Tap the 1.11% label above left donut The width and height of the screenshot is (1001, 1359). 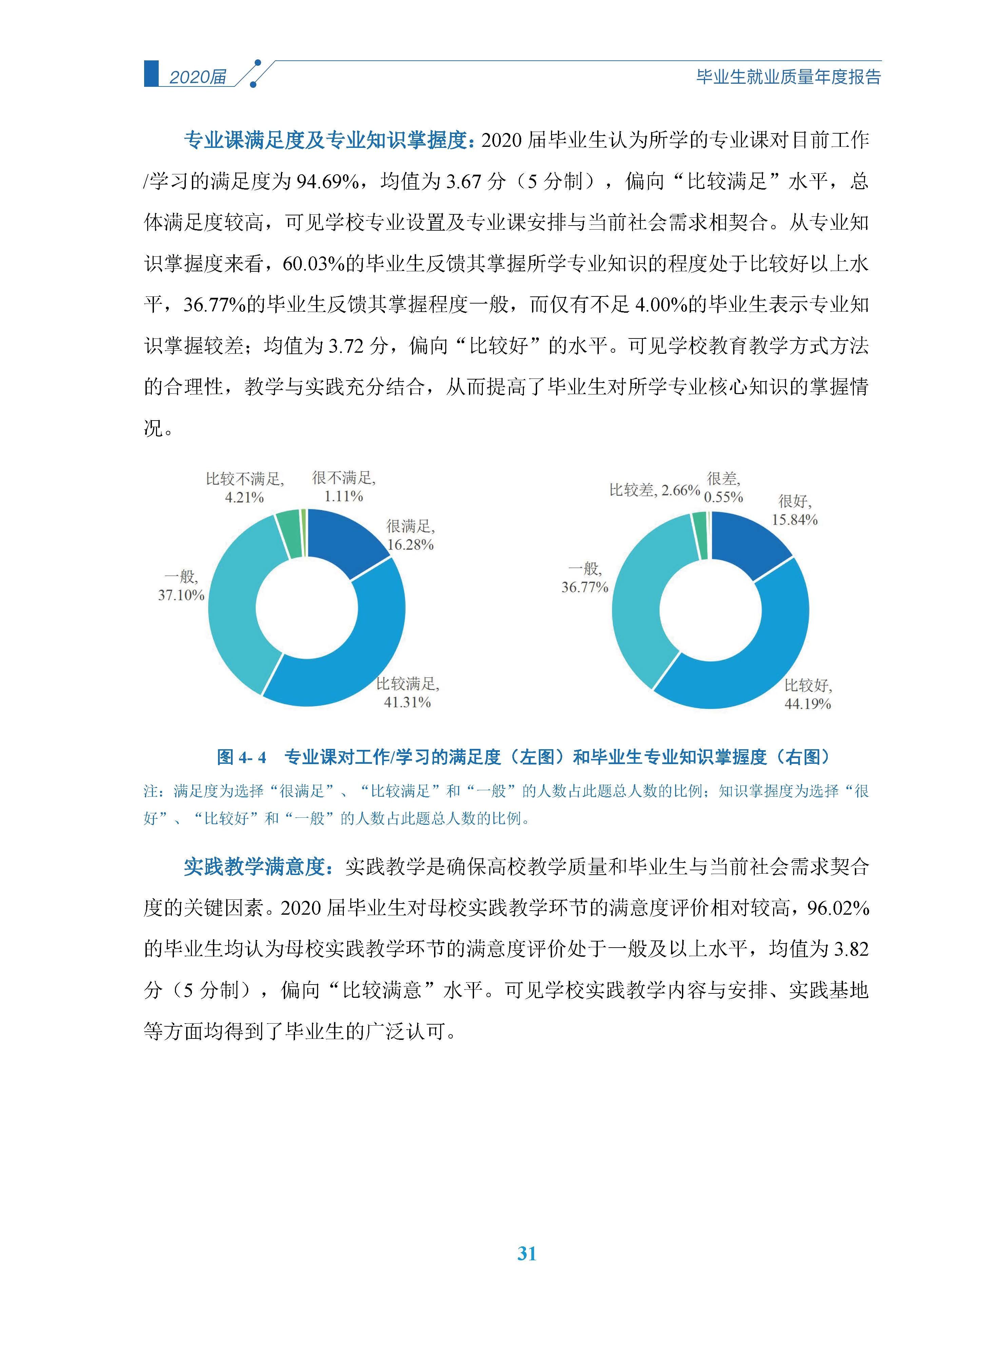344,496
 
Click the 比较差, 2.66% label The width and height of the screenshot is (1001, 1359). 654,490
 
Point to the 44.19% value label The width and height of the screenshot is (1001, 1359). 807,704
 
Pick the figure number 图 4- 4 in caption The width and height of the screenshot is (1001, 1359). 241,757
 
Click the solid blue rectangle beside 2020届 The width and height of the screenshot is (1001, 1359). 151,73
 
